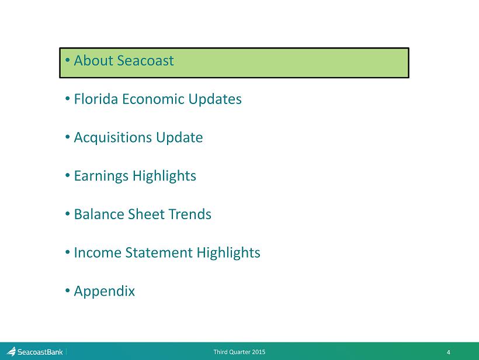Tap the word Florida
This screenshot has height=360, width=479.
coord(96,99)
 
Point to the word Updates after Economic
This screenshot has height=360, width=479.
coord(215,99)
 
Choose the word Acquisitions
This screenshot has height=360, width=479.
coord(113,138)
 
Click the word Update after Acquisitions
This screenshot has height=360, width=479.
coord(179,138)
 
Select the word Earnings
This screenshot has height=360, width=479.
coord(101,176)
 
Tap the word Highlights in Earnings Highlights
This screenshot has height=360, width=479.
coord(164,176)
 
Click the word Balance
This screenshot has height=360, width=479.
coord(99,214)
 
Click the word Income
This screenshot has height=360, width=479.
coord(98,252)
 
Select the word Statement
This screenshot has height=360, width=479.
coord(159,252)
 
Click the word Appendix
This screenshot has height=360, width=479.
coord(105,292)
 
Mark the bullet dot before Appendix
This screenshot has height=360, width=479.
coord(68,290)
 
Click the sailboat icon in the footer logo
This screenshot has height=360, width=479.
coord(11,351)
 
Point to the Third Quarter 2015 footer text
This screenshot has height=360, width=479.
coord(239,352)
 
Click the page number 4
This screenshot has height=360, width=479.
coord(449,352)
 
